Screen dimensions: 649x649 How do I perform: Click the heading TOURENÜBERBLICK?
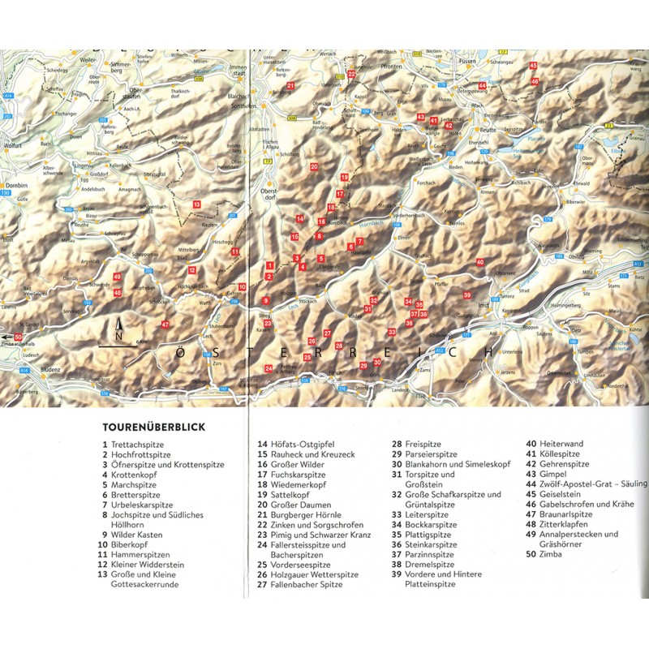[x=153, y=425]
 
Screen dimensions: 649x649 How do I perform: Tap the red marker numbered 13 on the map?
[x=196, y=204]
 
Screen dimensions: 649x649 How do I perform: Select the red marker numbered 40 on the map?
[x=480, y=262]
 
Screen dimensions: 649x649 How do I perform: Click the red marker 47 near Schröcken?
[x=165, y=324]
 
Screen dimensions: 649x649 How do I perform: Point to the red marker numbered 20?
[x=314, y=167]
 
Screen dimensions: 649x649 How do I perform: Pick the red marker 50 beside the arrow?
[x=19, y=337]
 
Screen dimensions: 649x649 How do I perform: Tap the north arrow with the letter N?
[x=119, y=332]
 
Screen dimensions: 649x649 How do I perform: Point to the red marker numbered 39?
[x=466, y=294]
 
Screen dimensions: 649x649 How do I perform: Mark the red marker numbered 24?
[x=269, y=369]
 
